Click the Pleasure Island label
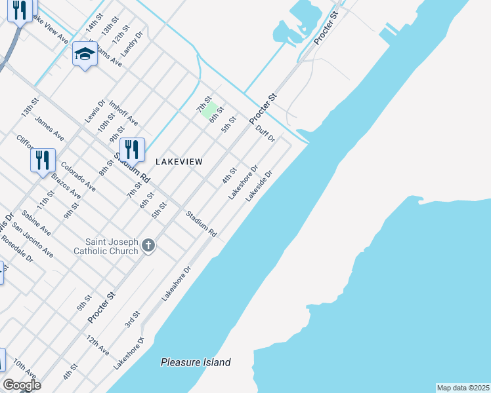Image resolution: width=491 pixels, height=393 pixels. click(196, 362)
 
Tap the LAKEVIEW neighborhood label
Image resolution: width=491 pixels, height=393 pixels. click(179, 161)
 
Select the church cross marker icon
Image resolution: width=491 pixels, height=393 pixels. click(149, 246)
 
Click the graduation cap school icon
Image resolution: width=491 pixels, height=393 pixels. click(85, 54)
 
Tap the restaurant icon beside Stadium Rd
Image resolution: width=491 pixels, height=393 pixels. click(133, 150)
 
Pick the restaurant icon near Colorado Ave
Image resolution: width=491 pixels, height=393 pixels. click(43, 160)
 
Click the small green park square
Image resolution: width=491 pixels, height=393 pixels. click(209, 109)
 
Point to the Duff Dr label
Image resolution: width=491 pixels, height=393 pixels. click(265, 134)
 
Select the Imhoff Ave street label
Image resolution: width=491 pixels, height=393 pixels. click(123, 113)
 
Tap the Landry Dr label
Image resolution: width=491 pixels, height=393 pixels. click(132, 43)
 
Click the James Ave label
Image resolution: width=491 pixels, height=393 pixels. click(49, 128)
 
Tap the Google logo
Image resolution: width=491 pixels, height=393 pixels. click(22, 385)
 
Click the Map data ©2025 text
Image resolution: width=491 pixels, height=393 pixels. click(463, 388)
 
